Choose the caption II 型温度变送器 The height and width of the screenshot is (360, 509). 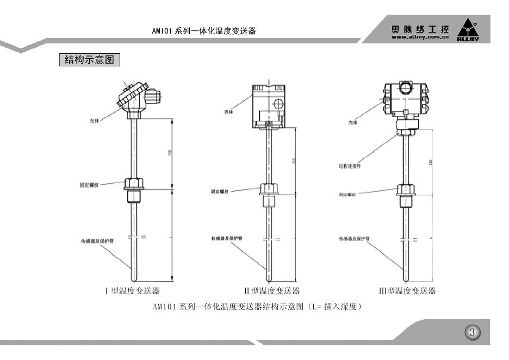274,291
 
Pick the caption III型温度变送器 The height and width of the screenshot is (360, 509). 407,291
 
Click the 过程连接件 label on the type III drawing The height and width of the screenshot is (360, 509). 350,166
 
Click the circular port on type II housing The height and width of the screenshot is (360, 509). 277,103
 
